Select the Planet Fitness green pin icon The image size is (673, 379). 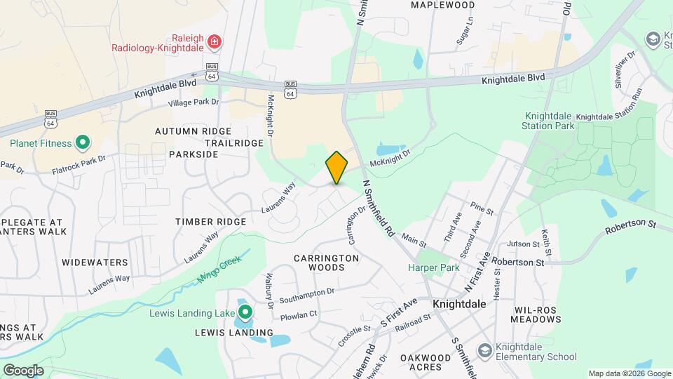coord(82,143)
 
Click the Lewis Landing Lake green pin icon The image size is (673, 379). coord(245,311)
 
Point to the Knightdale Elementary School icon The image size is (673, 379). coord(484,350)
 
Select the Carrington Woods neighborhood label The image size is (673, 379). coord(326,262)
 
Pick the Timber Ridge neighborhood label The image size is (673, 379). coord(210,222)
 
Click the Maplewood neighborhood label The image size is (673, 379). coord(442,5)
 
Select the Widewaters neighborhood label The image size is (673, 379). coord(95,262)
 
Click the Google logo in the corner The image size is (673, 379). coord(23,370)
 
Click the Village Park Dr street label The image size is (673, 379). coord(193,102)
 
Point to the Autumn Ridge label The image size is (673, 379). coord(193,131)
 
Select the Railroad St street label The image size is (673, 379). coord(413,321)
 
